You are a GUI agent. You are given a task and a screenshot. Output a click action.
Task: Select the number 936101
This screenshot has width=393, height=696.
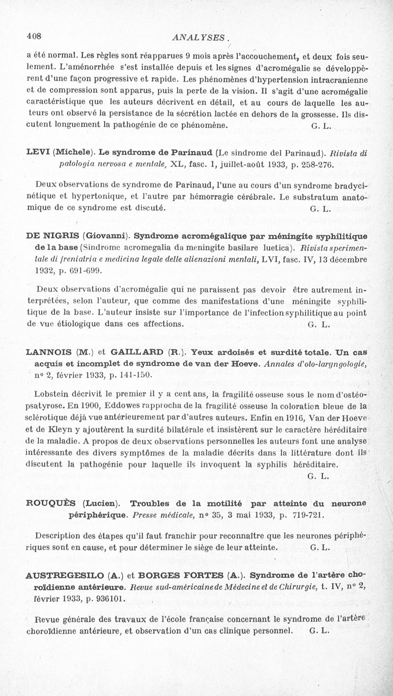[x=107, y=599]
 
